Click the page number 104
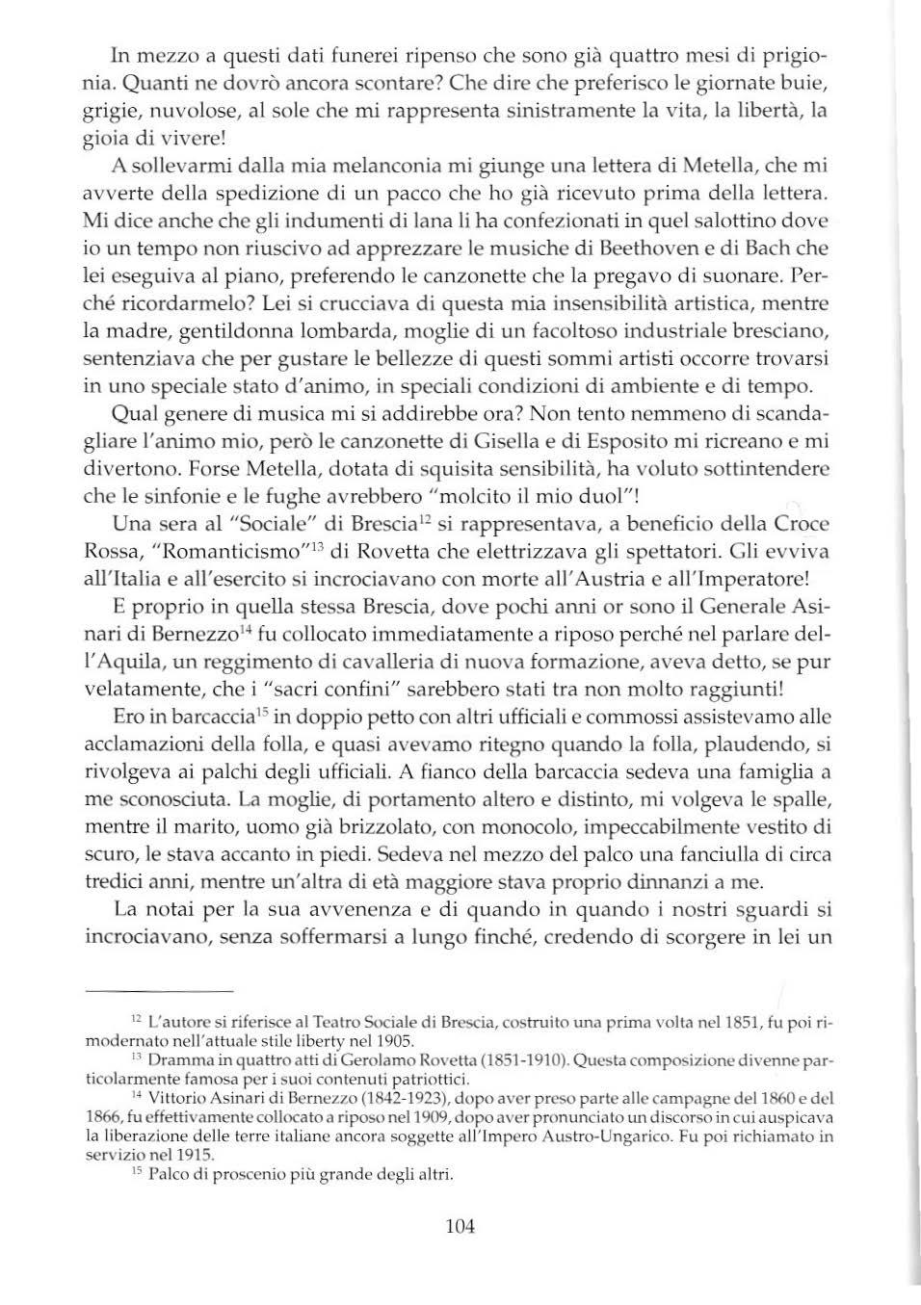460,1226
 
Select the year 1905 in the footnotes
395,1040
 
